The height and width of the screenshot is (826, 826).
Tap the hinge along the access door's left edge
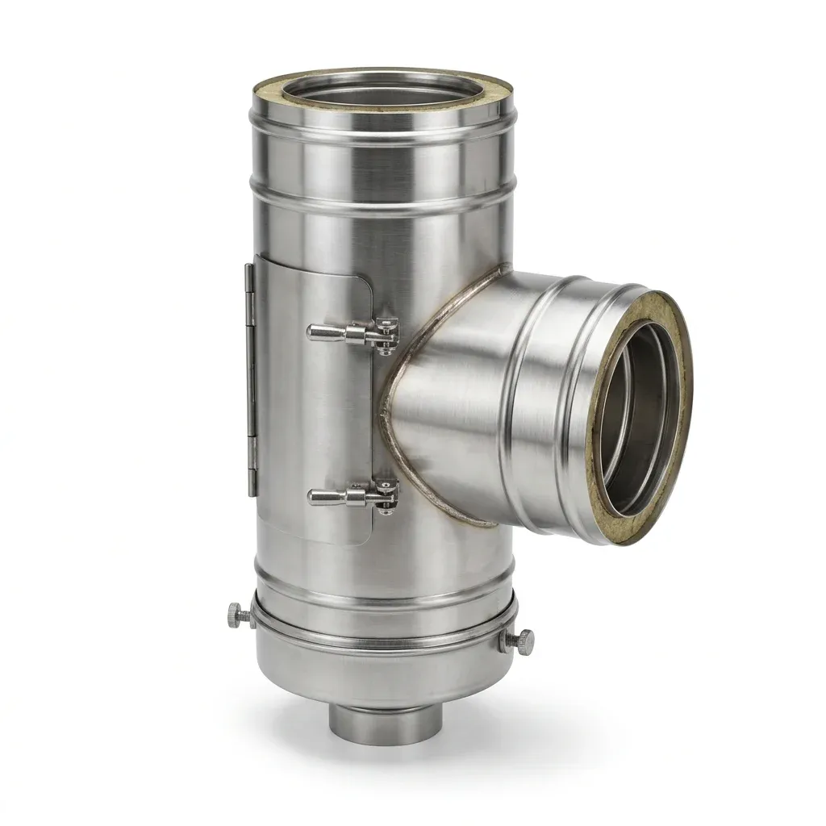[251, 379]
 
